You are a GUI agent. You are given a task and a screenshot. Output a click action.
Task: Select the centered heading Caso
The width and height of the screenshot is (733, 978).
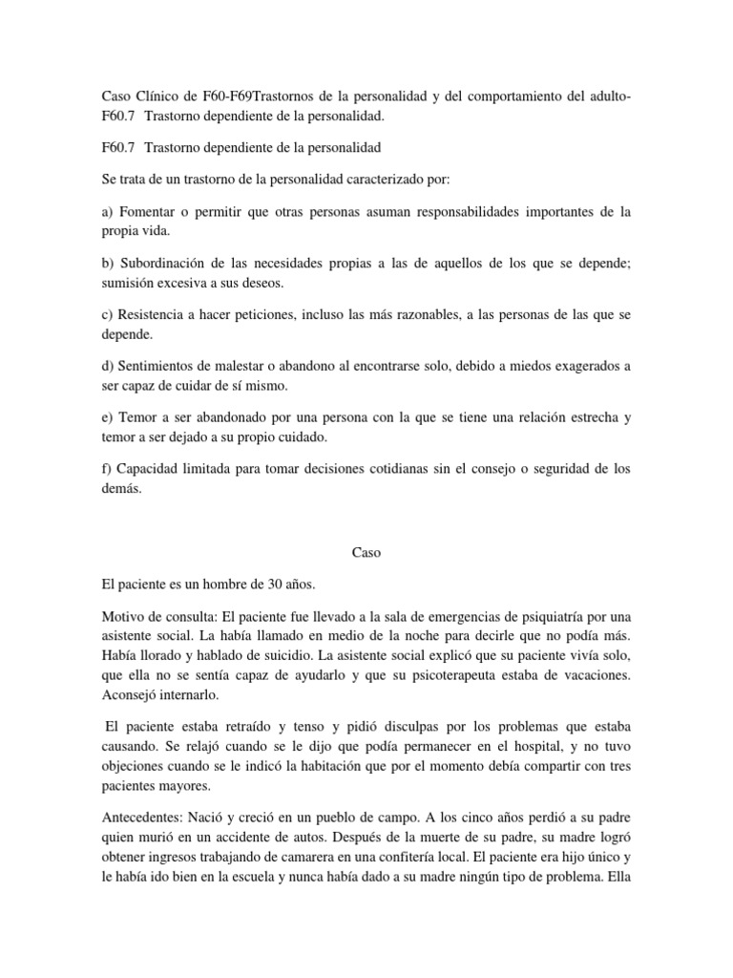coord(366,552)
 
